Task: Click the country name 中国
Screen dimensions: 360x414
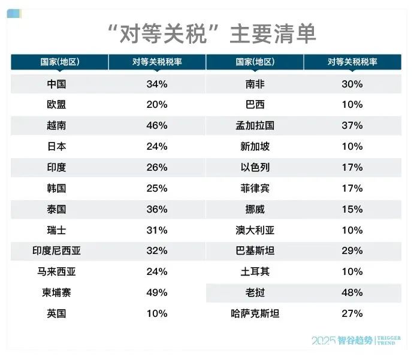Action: coord(56,84)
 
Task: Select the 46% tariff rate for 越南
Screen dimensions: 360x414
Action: coord(157,126)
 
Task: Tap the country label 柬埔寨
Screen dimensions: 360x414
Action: coord(56,292)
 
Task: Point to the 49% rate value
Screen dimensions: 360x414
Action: coord(157,292)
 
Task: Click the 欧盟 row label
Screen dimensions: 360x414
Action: coord(56,105)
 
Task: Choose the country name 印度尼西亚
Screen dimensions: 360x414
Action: coord(56,251)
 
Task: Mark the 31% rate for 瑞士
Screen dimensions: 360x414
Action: coord(157,230)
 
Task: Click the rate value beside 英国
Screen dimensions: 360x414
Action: coord(157,313)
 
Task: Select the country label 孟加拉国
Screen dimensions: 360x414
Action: coord(255,126)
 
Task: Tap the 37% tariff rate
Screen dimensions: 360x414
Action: coord(352,126)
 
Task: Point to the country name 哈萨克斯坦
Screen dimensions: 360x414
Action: coord(255,313)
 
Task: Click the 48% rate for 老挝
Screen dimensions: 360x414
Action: coord(352,292)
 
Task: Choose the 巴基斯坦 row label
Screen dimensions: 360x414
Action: coord(255,251)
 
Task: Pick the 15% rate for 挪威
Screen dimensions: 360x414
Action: coord(352,209)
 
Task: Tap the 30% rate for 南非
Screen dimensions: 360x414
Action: coord(352,84)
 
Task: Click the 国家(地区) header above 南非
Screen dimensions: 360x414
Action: coord(255,62)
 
